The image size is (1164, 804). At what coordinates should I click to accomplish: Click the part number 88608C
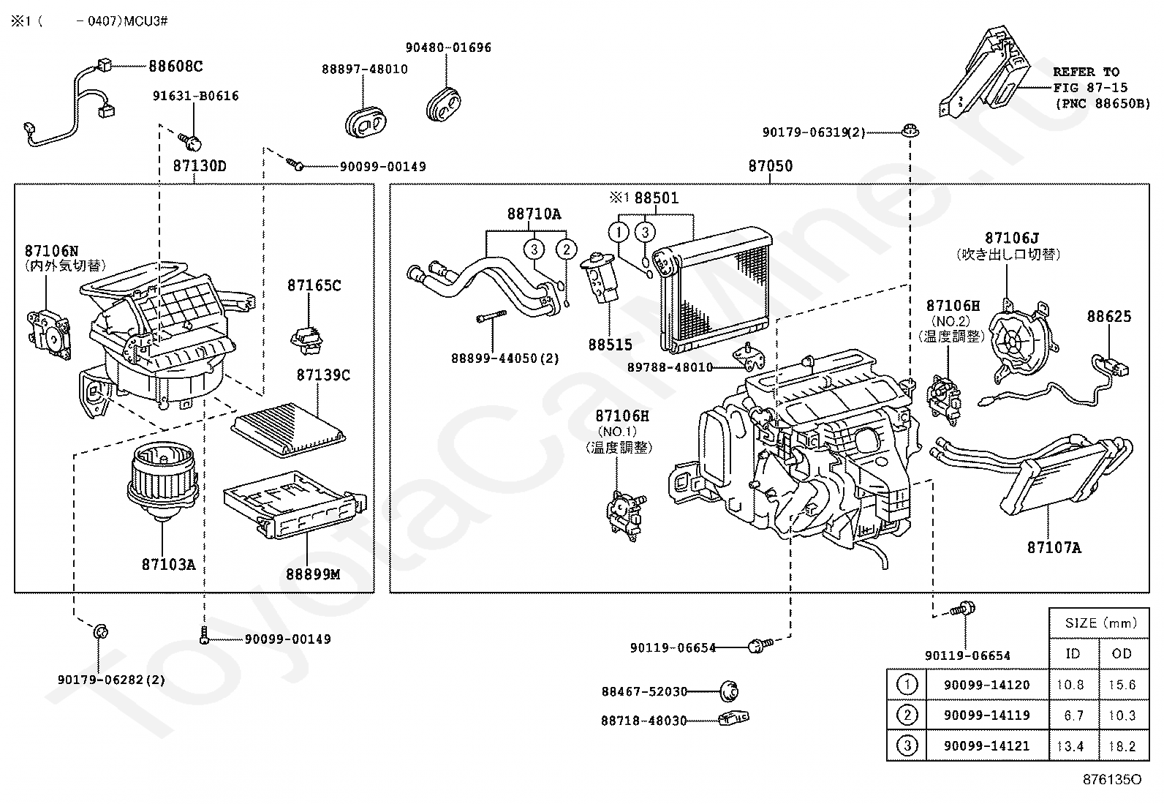point(175,66)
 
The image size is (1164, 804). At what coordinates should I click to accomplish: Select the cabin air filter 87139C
point(288,429)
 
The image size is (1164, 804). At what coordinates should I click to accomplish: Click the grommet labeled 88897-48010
point(366,123)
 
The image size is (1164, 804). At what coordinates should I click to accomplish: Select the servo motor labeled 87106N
point(49,336)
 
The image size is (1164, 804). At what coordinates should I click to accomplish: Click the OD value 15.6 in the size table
point(1122,685)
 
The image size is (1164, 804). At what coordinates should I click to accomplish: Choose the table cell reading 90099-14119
point(987,715)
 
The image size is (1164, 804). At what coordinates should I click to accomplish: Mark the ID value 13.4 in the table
point(1070,745)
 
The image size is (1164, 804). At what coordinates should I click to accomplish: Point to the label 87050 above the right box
point(771,166)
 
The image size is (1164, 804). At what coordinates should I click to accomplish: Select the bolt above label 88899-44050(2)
point(491,315)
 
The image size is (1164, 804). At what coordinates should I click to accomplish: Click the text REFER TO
point(1086,72)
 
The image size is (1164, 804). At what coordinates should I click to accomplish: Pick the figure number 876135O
point(1113,779)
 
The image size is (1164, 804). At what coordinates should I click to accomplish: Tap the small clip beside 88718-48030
point(734,718)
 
